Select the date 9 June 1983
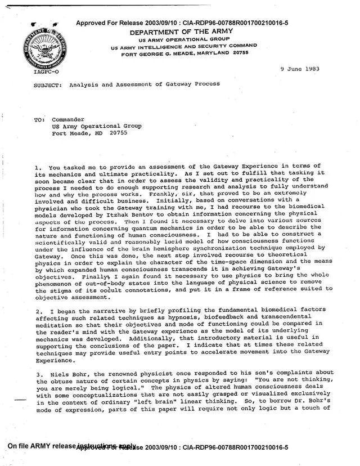click(300, 68)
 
